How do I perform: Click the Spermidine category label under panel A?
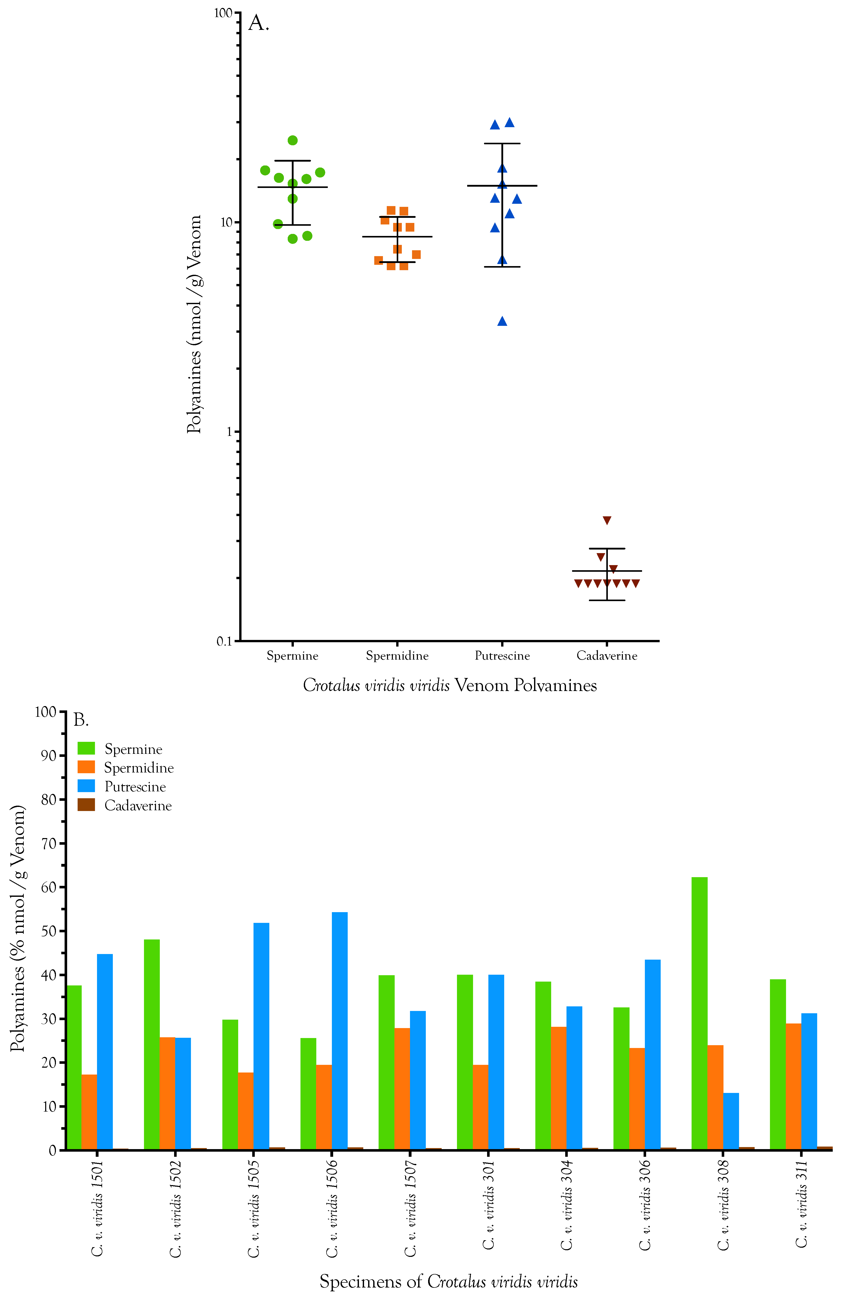(397, 656)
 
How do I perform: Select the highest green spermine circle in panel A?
(292, 140)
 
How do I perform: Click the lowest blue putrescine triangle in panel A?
(502, 321)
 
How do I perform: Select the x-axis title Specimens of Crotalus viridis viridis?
(449, 1281)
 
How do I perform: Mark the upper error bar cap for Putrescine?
(502, 144)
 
